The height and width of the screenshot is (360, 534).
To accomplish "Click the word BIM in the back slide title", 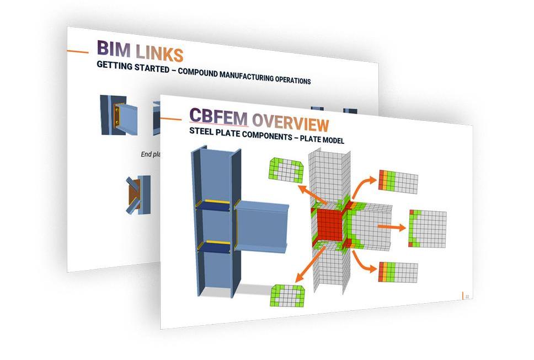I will [x=114, y=49].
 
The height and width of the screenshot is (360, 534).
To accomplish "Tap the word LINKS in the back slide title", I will [x=159, y=53].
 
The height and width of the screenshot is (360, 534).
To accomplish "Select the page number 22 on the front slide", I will [x=467, y=297].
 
